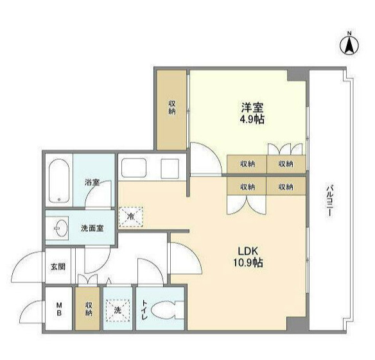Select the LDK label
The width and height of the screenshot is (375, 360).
[249, 250]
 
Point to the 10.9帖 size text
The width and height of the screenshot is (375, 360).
[249, 262]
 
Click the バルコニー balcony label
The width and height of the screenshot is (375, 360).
[329, 200]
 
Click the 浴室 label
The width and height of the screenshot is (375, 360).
[92, 182]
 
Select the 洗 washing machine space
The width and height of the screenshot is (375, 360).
[118, 310]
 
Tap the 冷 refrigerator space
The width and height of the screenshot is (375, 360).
[131, 216]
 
